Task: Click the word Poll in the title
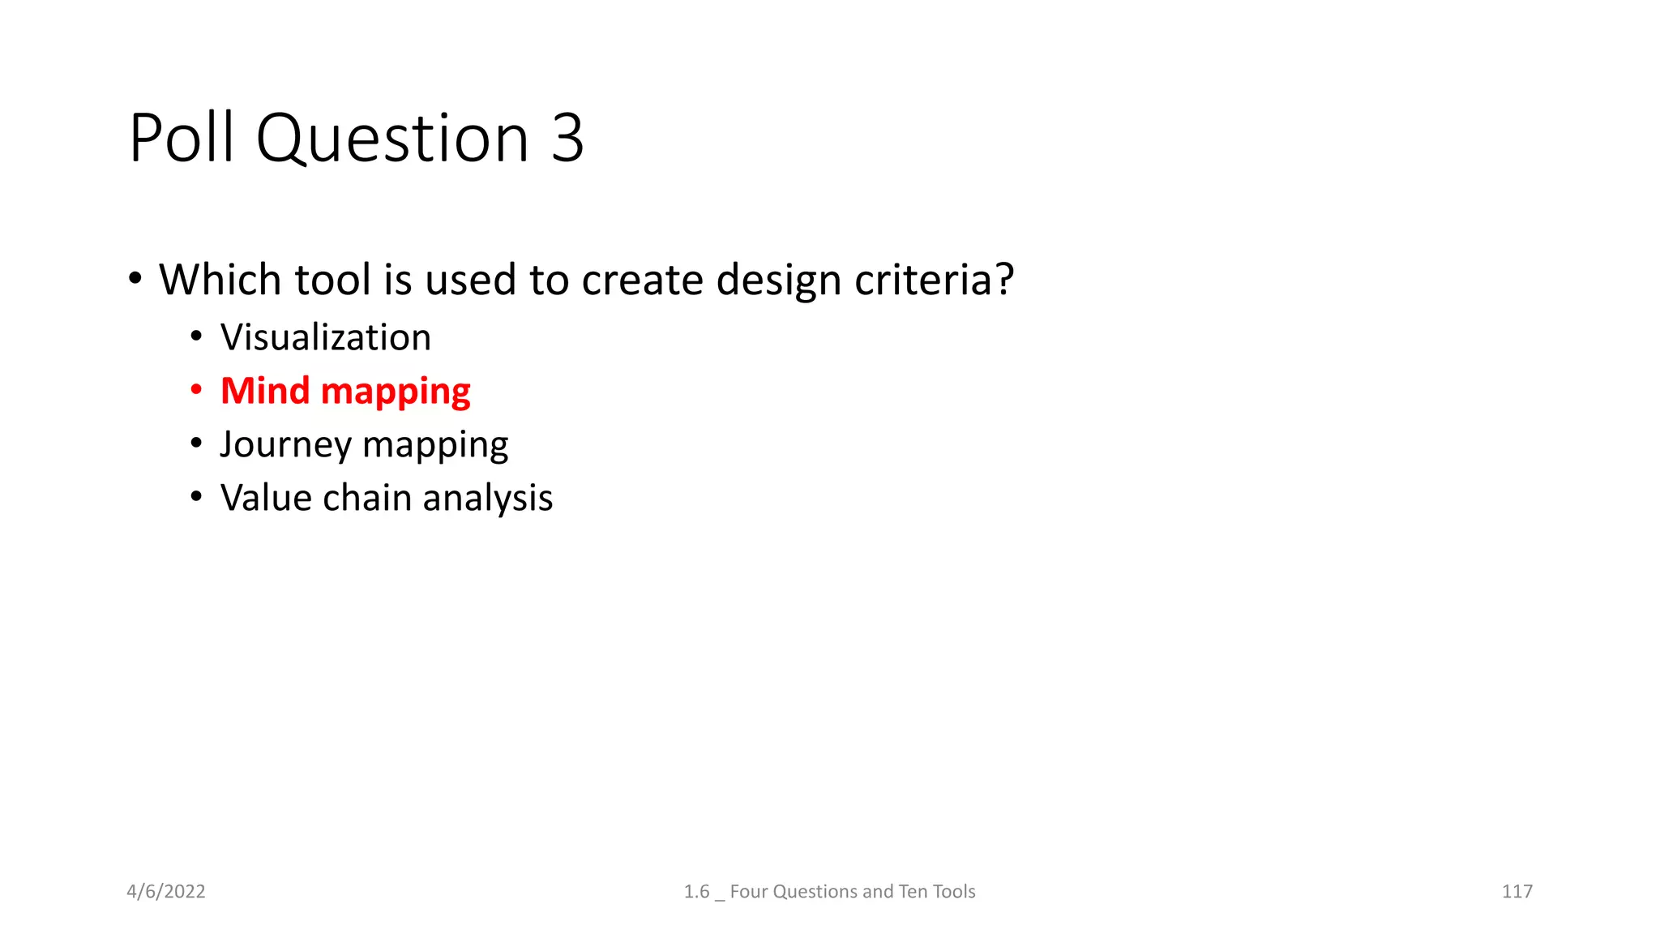pyautogui.click(x=182, y=138)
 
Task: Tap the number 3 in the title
pyautogui.click(x=567, y=138)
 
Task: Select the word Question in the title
pyautogui.click(x=392, y=138)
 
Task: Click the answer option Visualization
pyautogui.click(x=326, y=337)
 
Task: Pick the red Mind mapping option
pyautogui.click(x=345, y=391)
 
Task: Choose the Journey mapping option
pyautogui.click(x=364, y=444)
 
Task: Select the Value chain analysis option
pyautogui.click(x=387, y=498)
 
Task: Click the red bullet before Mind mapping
pyautogui.click(x=196, y=391)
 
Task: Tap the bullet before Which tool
pyautogui.click(x=135, y=279)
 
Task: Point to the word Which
pyautogui.click(x=220, y=280)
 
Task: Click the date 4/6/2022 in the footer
pyautogui.click(x=166, y=891)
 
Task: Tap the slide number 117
pyautogui.click(x=1517, y=891)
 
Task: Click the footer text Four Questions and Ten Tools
pyautogui.click(x=852, y=891)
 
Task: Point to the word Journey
pyautogui.click(x=285, y=444)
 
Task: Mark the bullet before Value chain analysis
pyautogui.click(x=196, y=496)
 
